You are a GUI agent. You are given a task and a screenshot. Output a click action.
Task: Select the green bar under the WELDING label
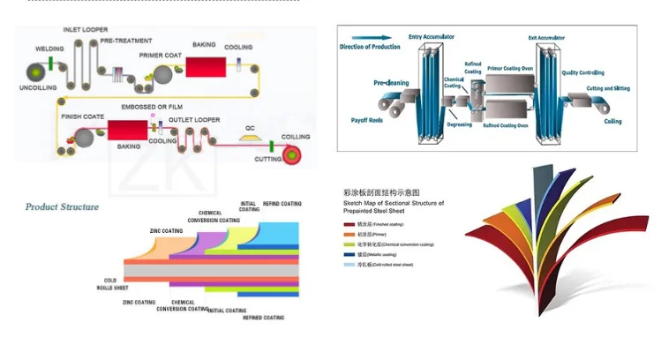[x=55, y=64]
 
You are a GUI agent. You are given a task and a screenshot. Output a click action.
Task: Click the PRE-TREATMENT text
[x=126, y=41]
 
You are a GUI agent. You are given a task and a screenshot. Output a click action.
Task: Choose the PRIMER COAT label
[x=160, y=55]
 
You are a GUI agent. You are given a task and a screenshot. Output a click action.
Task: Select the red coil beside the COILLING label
[x=290, y=155]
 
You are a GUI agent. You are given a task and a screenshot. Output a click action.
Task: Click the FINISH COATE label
[x=81, y=116]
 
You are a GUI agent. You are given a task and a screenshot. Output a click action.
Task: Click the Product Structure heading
[x=63, y=206]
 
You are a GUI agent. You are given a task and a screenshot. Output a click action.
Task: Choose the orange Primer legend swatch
[x=348, y=235]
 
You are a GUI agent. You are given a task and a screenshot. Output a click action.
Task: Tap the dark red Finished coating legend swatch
[x=348, y=225]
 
